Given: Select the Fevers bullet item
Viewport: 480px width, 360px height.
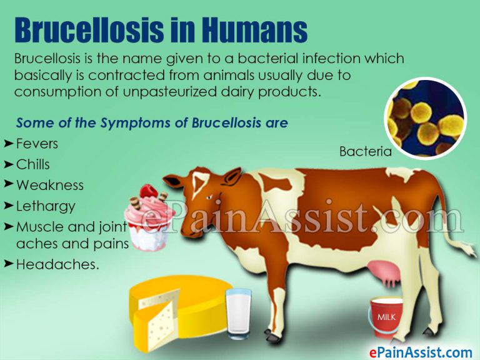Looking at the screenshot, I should pyautogui.click(x=37, y=144).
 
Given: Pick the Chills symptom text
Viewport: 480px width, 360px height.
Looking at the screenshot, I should pyautogui.click(x=33, y=164).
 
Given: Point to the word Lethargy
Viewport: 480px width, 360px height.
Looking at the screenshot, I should pyautogui.click(x=46, y=206).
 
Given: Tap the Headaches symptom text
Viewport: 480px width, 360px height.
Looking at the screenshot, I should pyautogui.click(x=57, y=264).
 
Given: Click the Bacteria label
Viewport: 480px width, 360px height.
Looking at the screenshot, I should pyautogui.click(x=365, y=151).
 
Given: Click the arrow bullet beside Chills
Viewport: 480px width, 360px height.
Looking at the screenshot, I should pyautogui.click(x=8, y=164).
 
